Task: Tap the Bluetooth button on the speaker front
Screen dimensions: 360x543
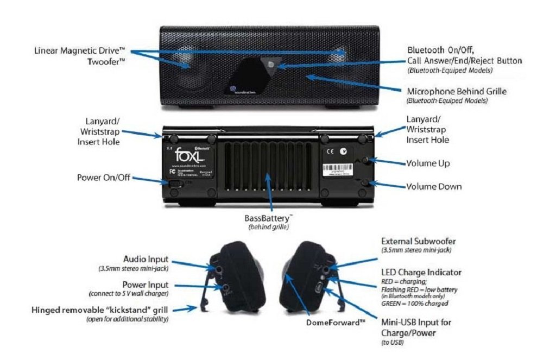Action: (270, 65)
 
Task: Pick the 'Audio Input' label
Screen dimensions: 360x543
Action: (146, 259)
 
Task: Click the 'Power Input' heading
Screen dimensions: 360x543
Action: (145, 285)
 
